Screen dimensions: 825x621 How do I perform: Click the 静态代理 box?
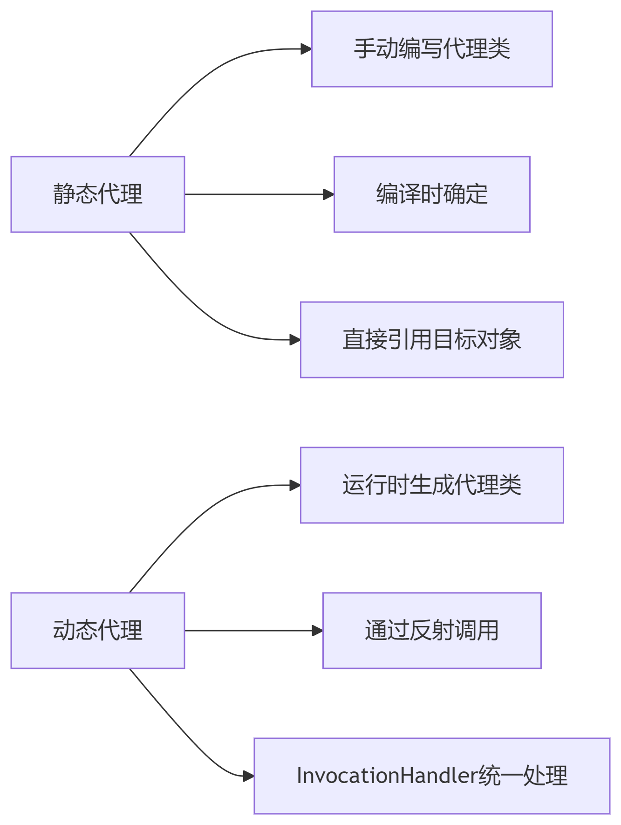pyautogui.click(x=98, y=194)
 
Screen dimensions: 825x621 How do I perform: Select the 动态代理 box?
pyautogui.click(x=98, y=630)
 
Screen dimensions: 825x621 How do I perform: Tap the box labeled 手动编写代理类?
pyautogui.click(x=432, y=49)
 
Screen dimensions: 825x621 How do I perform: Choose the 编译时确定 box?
pyautogui.click(x=432, y=194)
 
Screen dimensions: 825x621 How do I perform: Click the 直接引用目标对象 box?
pyautogui.click(x=432, y=340)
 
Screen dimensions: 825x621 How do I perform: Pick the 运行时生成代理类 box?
pyautogui.click(x=432, y=485)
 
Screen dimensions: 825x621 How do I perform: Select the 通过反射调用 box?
pyautogui.click(x=432, y=630)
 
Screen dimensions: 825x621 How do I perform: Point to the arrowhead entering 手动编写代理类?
pyautogui.click(x=306, y=49)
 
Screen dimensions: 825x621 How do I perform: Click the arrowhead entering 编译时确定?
pyautogui.click(x=328, y=194)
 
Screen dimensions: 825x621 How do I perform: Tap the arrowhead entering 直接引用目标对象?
pyautogui.click(x=295, y=340)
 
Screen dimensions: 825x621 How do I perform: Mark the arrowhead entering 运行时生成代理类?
pyautogui.click(x=295, y=485)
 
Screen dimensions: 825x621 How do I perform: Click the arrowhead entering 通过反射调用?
pyautogui.click(x=317, y=631)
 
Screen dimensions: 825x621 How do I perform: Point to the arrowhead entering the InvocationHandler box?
pyautogui.click(x=248, y=776)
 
